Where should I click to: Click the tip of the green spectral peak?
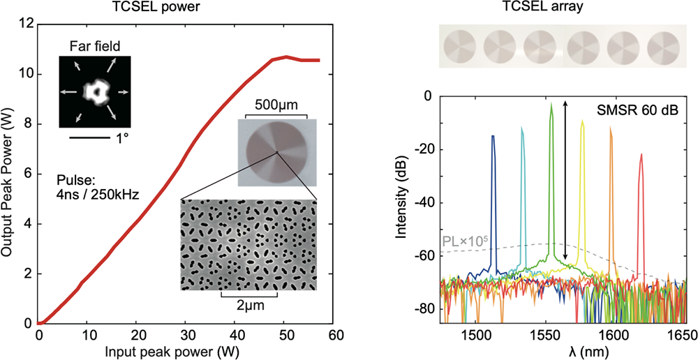(551, 104)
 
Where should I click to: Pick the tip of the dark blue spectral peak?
(493, 136)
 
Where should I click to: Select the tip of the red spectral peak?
(641, 156)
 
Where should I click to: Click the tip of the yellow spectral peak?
(582, 120)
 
